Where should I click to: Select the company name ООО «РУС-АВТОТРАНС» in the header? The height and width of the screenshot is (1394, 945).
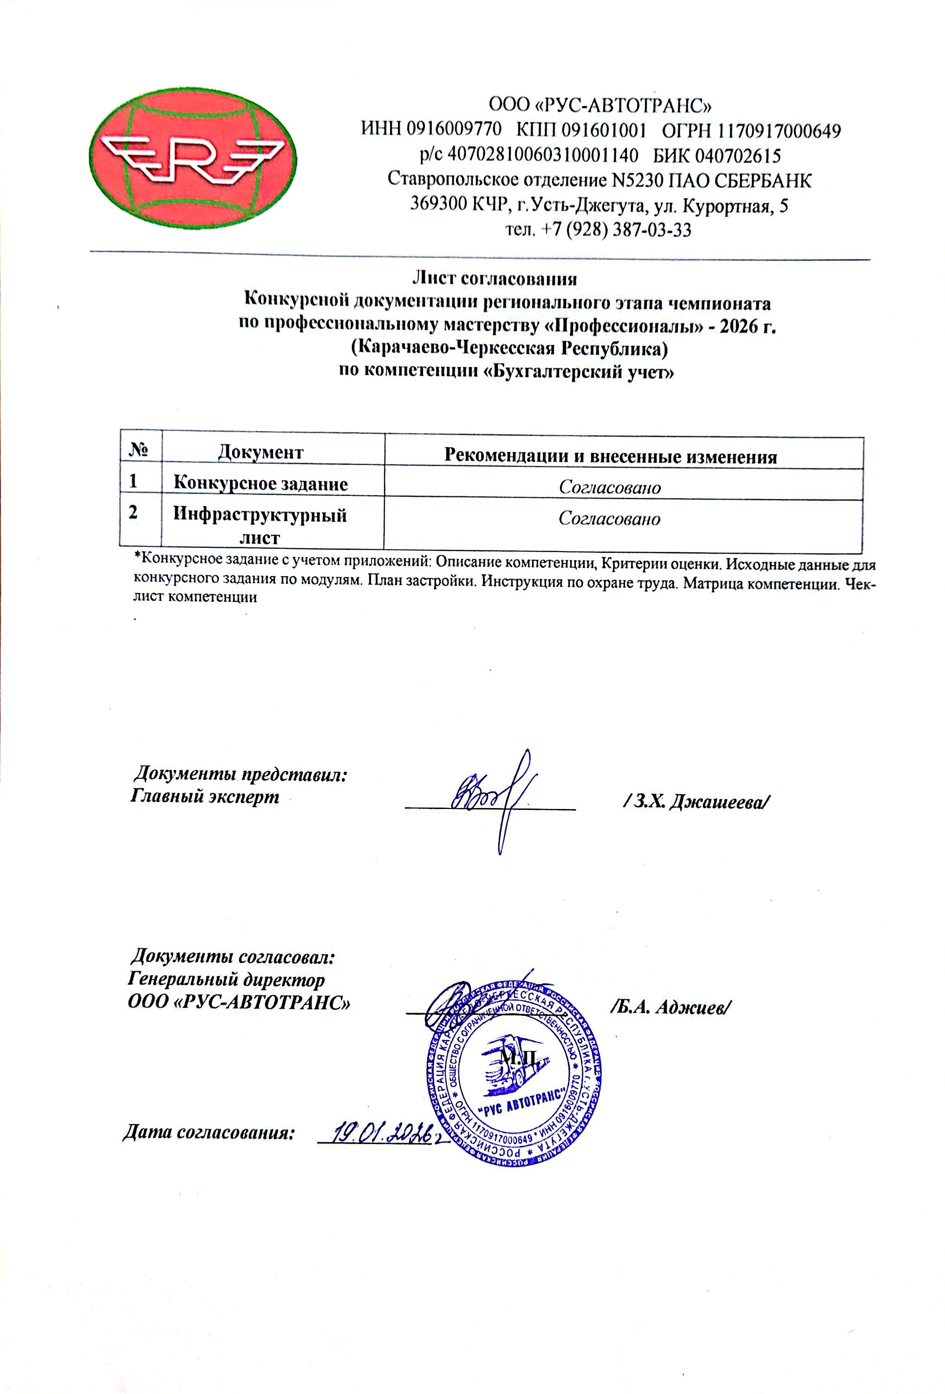click(600, 105)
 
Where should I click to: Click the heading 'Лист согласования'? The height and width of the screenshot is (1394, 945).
click(495, 278)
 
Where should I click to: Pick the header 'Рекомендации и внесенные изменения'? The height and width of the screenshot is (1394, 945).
click(610, 456)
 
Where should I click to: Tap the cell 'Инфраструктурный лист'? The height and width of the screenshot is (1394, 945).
click(260, 526)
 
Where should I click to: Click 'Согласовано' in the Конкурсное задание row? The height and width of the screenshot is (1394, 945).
click(610, 487)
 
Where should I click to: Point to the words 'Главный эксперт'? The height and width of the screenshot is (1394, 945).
click(204, 796)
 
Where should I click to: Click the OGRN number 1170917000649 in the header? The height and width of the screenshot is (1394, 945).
click(780, 130)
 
